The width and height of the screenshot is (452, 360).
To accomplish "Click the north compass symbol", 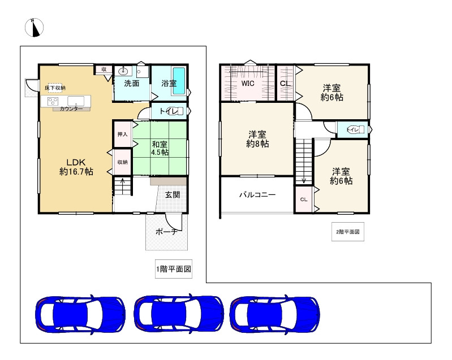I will coord(35,28).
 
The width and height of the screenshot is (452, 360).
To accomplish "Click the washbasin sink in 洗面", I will coord(124,71).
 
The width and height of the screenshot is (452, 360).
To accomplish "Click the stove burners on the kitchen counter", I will coord(53,102).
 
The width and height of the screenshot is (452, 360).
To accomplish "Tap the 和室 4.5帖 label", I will coord(159,148).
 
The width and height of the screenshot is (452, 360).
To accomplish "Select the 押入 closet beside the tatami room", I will coord(122,135).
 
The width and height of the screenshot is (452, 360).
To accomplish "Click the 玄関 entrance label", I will coord(173,195).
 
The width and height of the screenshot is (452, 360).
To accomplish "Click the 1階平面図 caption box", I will coord(173,270).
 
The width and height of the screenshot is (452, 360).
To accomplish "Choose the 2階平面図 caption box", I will coord(347,232).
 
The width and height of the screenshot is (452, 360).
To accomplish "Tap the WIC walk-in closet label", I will coord(248,83).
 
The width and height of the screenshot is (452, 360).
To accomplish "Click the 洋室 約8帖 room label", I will coord(257,139).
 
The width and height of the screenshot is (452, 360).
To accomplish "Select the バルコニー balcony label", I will coord(257,195).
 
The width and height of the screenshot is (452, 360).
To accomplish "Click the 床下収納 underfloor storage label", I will coord(55,88).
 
